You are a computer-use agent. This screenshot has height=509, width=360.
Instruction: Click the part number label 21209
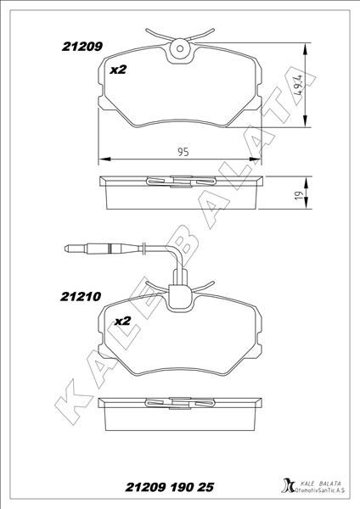tap(82, 47)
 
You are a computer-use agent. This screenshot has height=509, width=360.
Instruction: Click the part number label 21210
tap(81, 297)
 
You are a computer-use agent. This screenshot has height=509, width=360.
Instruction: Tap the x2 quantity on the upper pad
tap(118, 70)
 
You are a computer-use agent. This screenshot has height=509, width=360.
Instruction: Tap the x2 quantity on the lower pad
tap(122, 321)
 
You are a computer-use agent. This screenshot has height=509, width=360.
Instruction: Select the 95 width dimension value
tap(183, 152)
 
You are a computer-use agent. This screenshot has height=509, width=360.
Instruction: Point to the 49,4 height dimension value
tap(298, 84)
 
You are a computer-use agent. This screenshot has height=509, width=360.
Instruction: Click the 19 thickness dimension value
tap(298, 195)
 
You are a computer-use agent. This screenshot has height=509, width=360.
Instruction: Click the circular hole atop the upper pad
tap(180, 48)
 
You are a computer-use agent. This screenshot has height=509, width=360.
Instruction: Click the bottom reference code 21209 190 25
tap(170, 487)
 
